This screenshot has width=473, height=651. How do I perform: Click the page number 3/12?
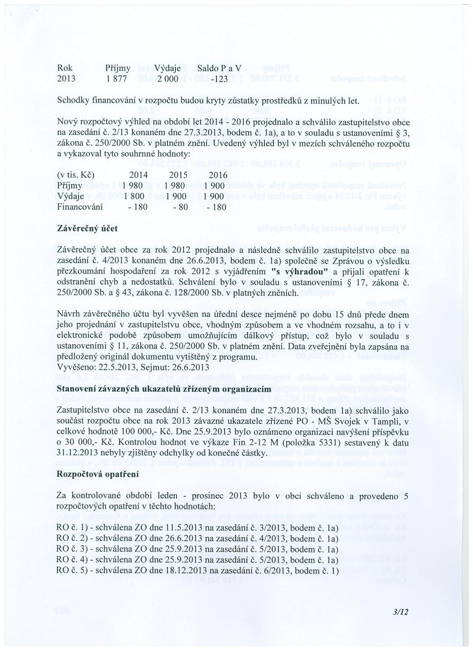[x=401, y=612]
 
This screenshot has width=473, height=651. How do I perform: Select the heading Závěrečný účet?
[x=87, y=229]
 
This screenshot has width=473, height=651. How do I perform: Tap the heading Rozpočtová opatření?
[x=98, y=474]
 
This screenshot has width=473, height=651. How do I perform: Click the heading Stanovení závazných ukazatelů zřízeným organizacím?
[x=164, y=389]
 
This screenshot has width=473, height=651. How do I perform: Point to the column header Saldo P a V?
[x=219, y=68]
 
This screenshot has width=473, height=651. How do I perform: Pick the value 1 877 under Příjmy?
[x=116, y=79]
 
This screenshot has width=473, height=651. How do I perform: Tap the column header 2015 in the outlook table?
[x=178, y=175]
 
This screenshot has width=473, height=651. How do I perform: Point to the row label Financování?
[x=80, y=207]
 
